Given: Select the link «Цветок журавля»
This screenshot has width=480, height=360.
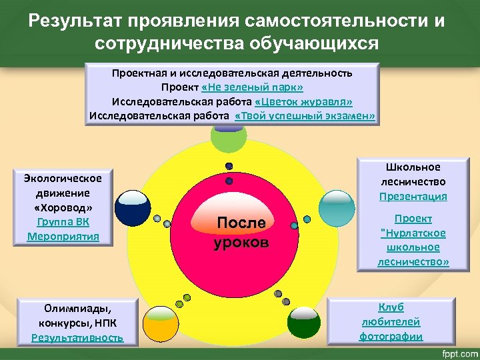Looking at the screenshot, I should [304, 102].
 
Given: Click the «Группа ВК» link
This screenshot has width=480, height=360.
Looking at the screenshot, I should [63, 221].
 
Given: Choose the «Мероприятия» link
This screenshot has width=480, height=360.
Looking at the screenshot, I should [63, 236].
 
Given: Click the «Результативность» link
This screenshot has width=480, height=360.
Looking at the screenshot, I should [77, 337].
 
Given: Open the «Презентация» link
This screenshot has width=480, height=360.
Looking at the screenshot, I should [413, 197].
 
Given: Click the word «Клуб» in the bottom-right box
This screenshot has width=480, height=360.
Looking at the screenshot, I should [391, 307].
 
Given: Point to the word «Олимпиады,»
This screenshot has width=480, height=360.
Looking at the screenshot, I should [77, 308].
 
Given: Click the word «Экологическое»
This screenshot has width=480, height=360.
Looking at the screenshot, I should [63, 178].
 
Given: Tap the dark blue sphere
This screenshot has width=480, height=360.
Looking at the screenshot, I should [133, 209].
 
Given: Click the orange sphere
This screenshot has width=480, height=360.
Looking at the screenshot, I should [159, 326].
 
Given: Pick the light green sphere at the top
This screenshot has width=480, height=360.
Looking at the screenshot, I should [228, 134].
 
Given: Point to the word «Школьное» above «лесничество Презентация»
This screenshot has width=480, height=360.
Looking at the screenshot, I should [413, 167].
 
